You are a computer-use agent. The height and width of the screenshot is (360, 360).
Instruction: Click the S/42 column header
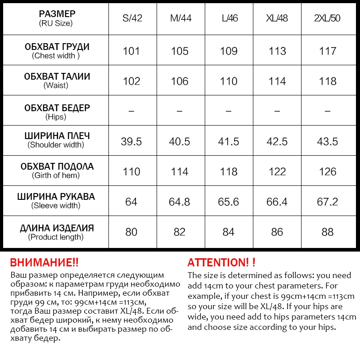tap(131, 19)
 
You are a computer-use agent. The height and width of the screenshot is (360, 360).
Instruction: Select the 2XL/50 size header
tap(327, 19)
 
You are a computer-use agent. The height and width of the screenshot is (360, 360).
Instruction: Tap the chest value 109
tap(229, 51)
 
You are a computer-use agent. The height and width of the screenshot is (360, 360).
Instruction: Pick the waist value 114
tap(277, 81)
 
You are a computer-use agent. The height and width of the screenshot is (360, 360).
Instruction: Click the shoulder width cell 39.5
tap(131, 141)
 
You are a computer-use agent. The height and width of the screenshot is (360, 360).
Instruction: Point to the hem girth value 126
tap(327, 171)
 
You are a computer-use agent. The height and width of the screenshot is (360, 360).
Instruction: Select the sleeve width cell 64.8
tap(180, 202)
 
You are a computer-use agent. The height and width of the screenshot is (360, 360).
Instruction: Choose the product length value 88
tap(327, 232)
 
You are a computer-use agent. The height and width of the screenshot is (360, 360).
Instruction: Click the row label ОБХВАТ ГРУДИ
tap(57, 47)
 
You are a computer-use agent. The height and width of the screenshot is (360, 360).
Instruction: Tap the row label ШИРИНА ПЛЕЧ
tap(57, 136)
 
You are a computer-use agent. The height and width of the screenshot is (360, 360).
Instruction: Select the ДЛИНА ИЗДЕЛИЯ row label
tap(57, 228)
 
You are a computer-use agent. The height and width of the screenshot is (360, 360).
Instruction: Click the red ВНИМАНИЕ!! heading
tap(44, 262)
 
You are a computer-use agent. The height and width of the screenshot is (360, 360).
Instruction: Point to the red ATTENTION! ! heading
tap(221, 262)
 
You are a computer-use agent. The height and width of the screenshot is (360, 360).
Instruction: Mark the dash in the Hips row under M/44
tap(180, 111)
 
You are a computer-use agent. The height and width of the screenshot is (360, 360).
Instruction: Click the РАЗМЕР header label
tap(57, 14)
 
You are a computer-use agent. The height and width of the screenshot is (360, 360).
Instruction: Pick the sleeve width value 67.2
tap(327, 202)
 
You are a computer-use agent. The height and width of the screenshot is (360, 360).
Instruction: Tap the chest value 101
tap(131, 51)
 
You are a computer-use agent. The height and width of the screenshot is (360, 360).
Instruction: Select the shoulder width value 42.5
tap(277, 141)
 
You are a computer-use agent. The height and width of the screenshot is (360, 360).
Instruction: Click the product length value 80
tap(131, 232)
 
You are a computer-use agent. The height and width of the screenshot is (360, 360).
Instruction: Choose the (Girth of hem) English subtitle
tap(57, 175)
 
